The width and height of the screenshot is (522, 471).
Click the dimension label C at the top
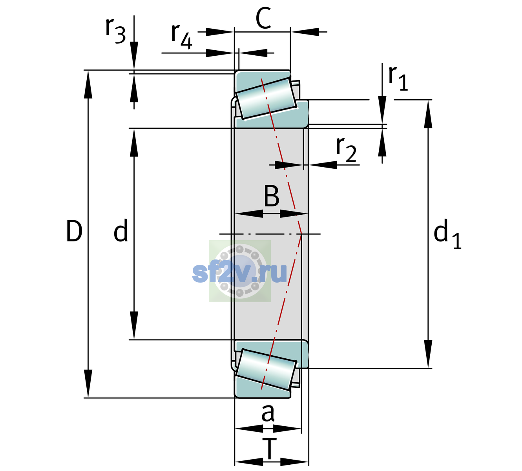pyautogui.click(x=263, y=18)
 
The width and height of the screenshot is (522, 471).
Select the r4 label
pyautogui.click(x=182, y=37)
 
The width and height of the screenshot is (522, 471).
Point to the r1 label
pyautogui.click(x=398, y=78)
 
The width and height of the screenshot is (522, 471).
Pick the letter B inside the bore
pyautogui.click(x=272, y=196)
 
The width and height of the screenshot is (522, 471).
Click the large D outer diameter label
pyautogui.click(x=74, y=231)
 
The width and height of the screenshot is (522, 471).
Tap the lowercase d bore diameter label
pyautogui.click(x=121, y=230)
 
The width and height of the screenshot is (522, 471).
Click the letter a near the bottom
pyautogui.click(x=268, y=413)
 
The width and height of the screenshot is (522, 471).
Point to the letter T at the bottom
pyautogui.click(x=269, y=449)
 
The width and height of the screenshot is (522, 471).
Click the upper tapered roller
pyautogui.click(x=266, y=98)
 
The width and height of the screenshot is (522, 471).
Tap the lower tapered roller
pyautogui.click(x=266, y=370)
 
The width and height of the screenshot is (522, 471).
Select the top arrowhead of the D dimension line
pyautogui.click(x=88, y=84)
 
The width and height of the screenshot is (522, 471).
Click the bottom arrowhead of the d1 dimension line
pyautogui.click(x=428, y=354)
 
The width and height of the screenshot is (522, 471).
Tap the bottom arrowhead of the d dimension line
pyautogui.click(x=134, y=325)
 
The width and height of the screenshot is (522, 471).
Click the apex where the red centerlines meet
pyautogui.click(x=301, y=234)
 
